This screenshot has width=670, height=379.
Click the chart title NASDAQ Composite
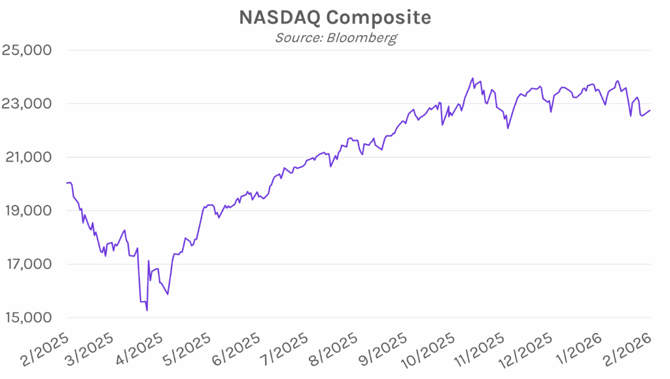click(335, 18)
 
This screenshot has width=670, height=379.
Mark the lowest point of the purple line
click(147, 310)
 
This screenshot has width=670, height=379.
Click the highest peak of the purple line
click(472, 78)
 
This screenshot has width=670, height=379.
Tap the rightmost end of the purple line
click(650, 110)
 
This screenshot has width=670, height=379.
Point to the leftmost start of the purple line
click(67, 183)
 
